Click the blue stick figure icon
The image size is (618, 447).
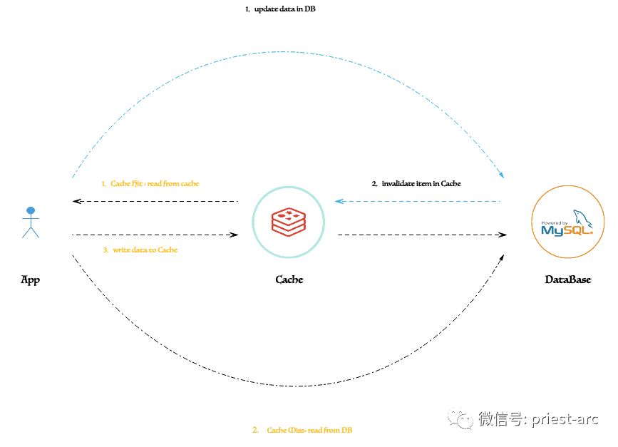31,222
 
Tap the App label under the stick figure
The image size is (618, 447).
31,280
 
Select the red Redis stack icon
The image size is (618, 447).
289,222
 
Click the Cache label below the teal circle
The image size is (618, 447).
289,279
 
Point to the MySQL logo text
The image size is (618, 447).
567,230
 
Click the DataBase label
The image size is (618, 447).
568,279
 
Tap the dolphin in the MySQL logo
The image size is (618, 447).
583,218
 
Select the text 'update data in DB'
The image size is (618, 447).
285,9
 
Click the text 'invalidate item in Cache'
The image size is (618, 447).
421,184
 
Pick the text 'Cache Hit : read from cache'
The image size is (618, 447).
155,184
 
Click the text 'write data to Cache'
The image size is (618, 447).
145,250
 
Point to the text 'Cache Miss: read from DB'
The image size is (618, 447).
309,430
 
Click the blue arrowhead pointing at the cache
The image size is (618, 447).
339,202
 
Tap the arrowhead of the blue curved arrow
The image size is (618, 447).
501,174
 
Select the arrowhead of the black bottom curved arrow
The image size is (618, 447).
502,258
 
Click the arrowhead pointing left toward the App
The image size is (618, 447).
77,202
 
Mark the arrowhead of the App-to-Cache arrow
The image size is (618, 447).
234,235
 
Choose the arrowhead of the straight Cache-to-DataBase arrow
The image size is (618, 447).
503,235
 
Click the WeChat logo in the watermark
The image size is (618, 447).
460,418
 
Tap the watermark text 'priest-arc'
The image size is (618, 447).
565,419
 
